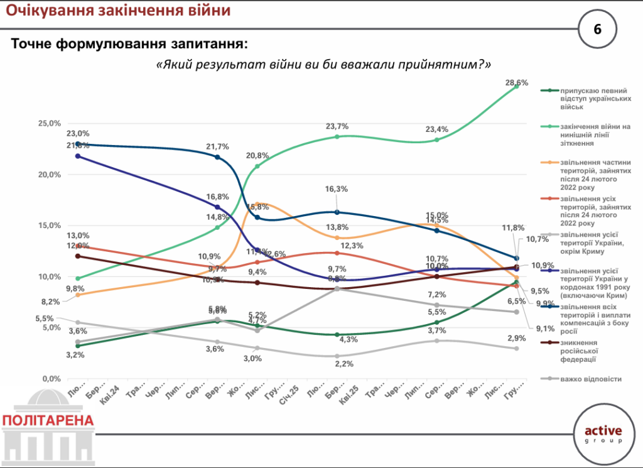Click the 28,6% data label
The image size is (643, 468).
click(x=518, y=82)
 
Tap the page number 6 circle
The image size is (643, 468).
click(x=597, y=29)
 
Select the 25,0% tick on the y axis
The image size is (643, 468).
click(x=49, y=123)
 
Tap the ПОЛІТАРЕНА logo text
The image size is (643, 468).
click(x=48, y=420)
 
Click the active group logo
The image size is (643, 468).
click(x=603, y=434)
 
